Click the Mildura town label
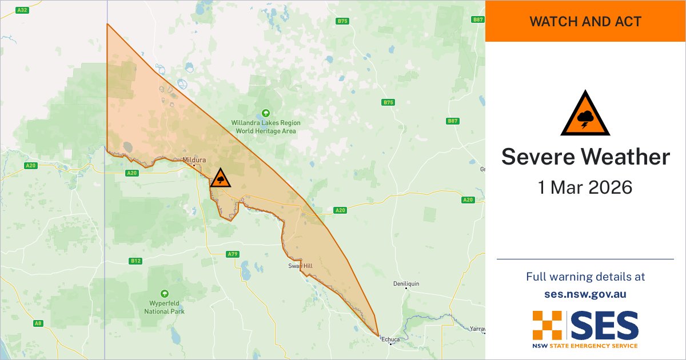click(x=194, y=160)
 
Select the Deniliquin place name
click(x=406, y=284)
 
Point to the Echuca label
click(x=391, y=339)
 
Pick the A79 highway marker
click(x=232, y=254)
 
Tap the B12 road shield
click(x=135, y=261)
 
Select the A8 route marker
click(x=38, y=323)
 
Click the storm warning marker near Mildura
click(x=220, y=178)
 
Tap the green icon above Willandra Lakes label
click(x=265, y=113)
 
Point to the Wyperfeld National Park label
click(x=165, y=307)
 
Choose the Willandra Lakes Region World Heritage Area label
click(x=265, y=127)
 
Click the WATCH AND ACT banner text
click(x=585, y=22)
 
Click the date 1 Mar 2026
click(x=585, y=187)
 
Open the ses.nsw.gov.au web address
click(x=585, y=294)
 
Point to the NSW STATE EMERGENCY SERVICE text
click(x=585, y=346)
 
